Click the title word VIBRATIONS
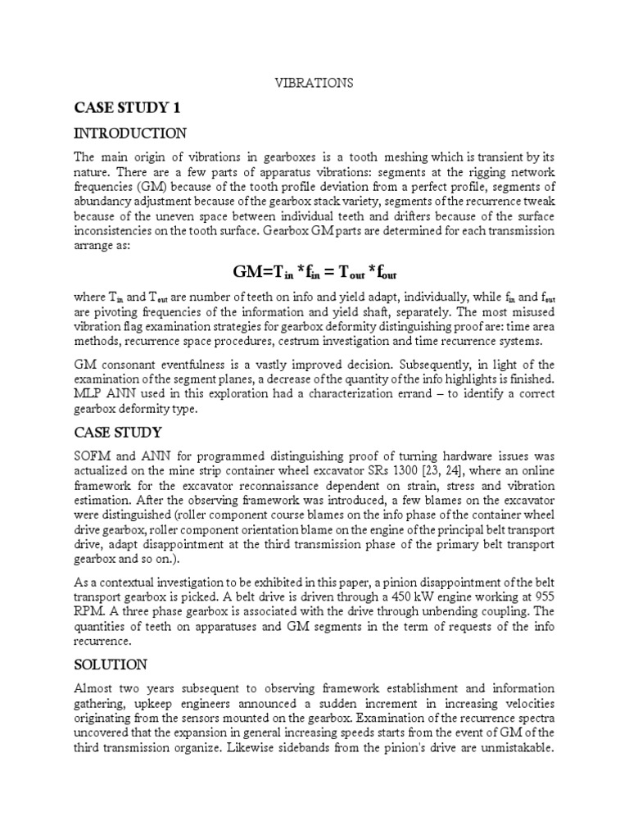314,83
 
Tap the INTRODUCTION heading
130,133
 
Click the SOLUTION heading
111,664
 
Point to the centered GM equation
314,271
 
